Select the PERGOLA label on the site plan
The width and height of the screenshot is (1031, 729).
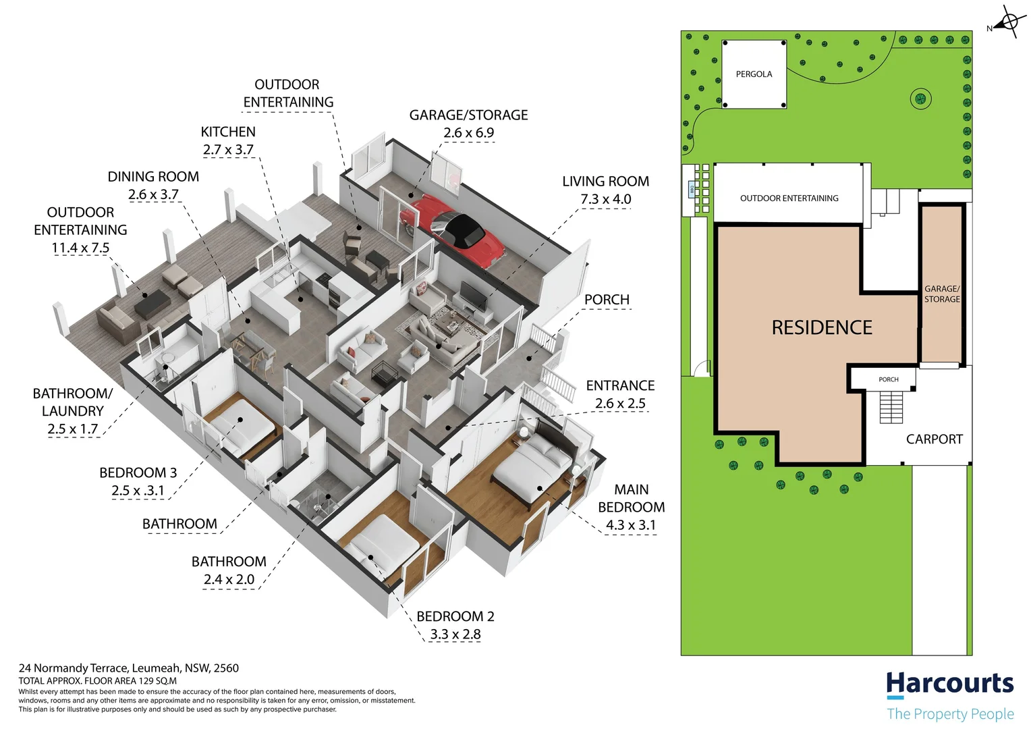pyautogui.click(x=754, y=74)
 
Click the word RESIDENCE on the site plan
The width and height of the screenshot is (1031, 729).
pyautogui.click(x=821, y=328)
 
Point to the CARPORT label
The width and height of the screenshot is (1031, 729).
pyautogui.click(x=934, y=439)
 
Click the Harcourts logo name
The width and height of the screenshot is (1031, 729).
pyautogui.click(x=949, y=684)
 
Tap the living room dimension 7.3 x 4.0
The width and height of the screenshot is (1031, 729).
pyautogui.click(x=605, y=199)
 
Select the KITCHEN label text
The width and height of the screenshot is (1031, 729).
pyautogui.click(x=228, y=132)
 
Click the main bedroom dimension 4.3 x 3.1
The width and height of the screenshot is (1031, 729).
pyautogui.click(x=630, y=525)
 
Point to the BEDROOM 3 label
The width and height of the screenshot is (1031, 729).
pyautogui.click(x=138, y=473)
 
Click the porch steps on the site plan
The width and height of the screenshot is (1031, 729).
pyautogui.click(x=891, y=407)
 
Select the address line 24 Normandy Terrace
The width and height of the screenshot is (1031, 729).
pyautogui.click(x=128, y=668)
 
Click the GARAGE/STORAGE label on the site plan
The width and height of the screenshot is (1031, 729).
pyautogui.click(x=942, y=294)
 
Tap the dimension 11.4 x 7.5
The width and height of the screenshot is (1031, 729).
pyautogui.click(x=80, y=248)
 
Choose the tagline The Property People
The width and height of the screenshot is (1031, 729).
pyautogui.click(x=950, y=713)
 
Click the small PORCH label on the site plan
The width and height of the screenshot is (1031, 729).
pyautogui.click(x=888, y=379)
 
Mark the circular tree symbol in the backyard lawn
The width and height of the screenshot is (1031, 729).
pyautogui.click(x=920, y=99)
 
